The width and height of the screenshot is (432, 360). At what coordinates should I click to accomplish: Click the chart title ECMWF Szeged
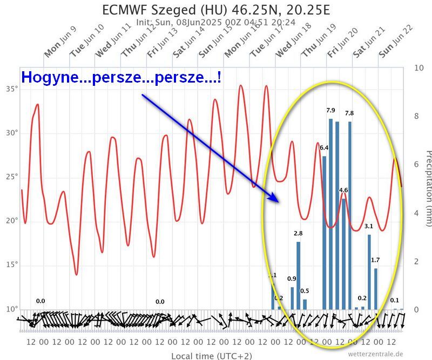point(215,10)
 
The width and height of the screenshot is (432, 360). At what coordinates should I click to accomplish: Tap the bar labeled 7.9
point(330,216)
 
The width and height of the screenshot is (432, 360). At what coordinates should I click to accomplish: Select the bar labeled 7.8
point(350,216)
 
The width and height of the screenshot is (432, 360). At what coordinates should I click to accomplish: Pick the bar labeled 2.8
point(298,275)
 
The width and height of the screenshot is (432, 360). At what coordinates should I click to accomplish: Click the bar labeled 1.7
point(376,289)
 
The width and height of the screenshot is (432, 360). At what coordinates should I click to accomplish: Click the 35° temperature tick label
point(11,88)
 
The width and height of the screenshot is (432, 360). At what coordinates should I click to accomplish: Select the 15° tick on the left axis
point(11,264)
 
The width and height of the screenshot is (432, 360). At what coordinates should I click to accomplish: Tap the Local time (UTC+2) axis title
point(211,356)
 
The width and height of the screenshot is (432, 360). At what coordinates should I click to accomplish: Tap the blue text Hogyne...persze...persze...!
point(121,78)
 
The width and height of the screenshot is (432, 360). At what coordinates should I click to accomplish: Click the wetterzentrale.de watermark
point(375,354)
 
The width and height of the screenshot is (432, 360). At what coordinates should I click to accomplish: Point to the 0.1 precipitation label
point(395,301)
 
